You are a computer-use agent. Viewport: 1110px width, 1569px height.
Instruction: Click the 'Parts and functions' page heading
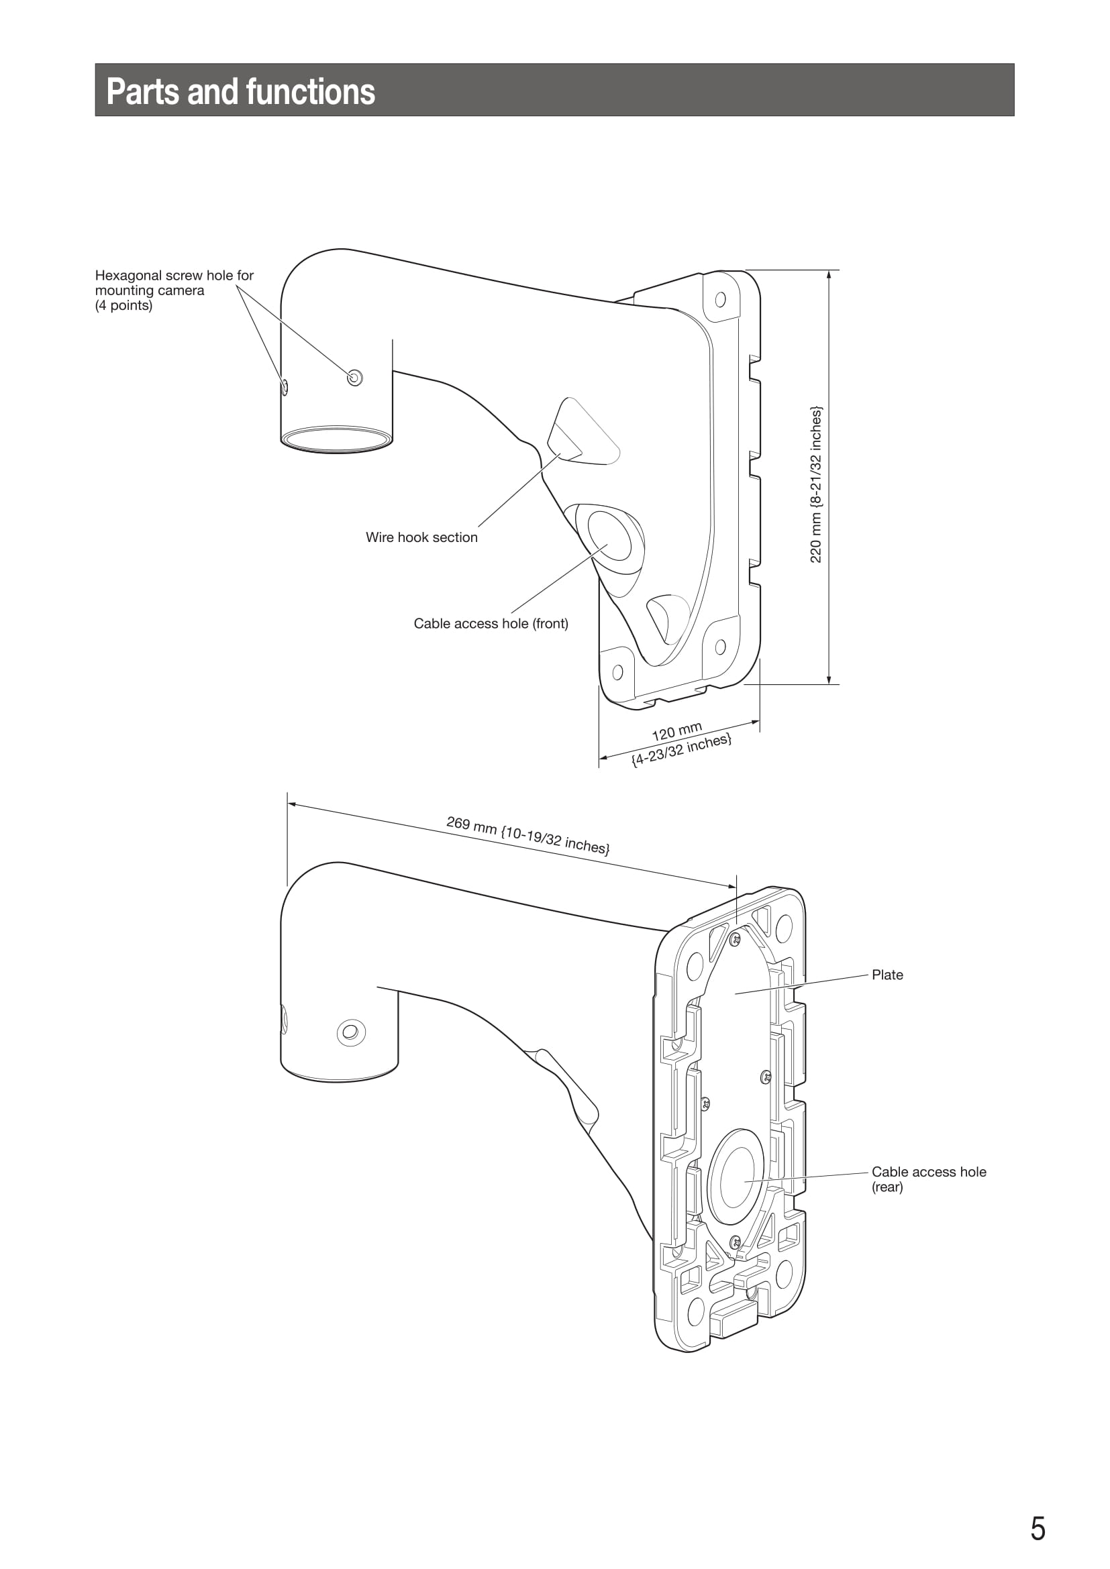241,92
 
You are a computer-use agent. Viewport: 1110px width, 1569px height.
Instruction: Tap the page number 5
1038,1528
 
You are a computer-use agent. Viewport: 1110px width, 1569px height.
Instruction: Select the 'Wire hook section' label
421,537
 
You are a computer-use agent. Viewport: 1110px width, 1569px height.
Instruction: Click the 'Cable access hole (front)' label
491,623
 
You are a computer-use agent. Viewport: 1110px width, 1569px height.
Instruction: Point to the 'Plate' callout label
887,975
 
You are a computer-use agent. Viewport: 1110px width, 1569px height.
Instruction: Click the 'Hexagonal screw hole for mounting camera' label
174,290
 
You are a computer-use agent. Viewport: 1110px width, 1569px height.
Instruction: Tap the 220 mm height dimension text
816,484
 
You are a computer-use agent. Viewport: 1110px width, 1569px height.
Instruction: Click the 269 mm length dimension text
528,835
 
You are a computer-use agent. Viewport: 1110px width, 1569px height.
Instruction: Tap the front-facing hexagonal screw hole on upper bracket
355,377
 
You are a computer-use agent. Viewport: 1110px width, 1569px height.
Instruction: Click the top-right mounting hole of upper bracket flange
719,299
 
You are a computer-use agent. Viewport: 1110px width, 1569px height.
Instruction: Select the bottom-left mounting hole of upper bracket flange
617,672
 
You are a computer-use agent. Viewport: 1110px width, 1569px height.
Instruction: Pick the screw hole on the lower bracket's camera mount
351,1032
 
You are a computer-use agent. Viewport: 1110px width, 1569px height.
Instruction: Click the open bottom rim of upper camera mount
336,439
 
